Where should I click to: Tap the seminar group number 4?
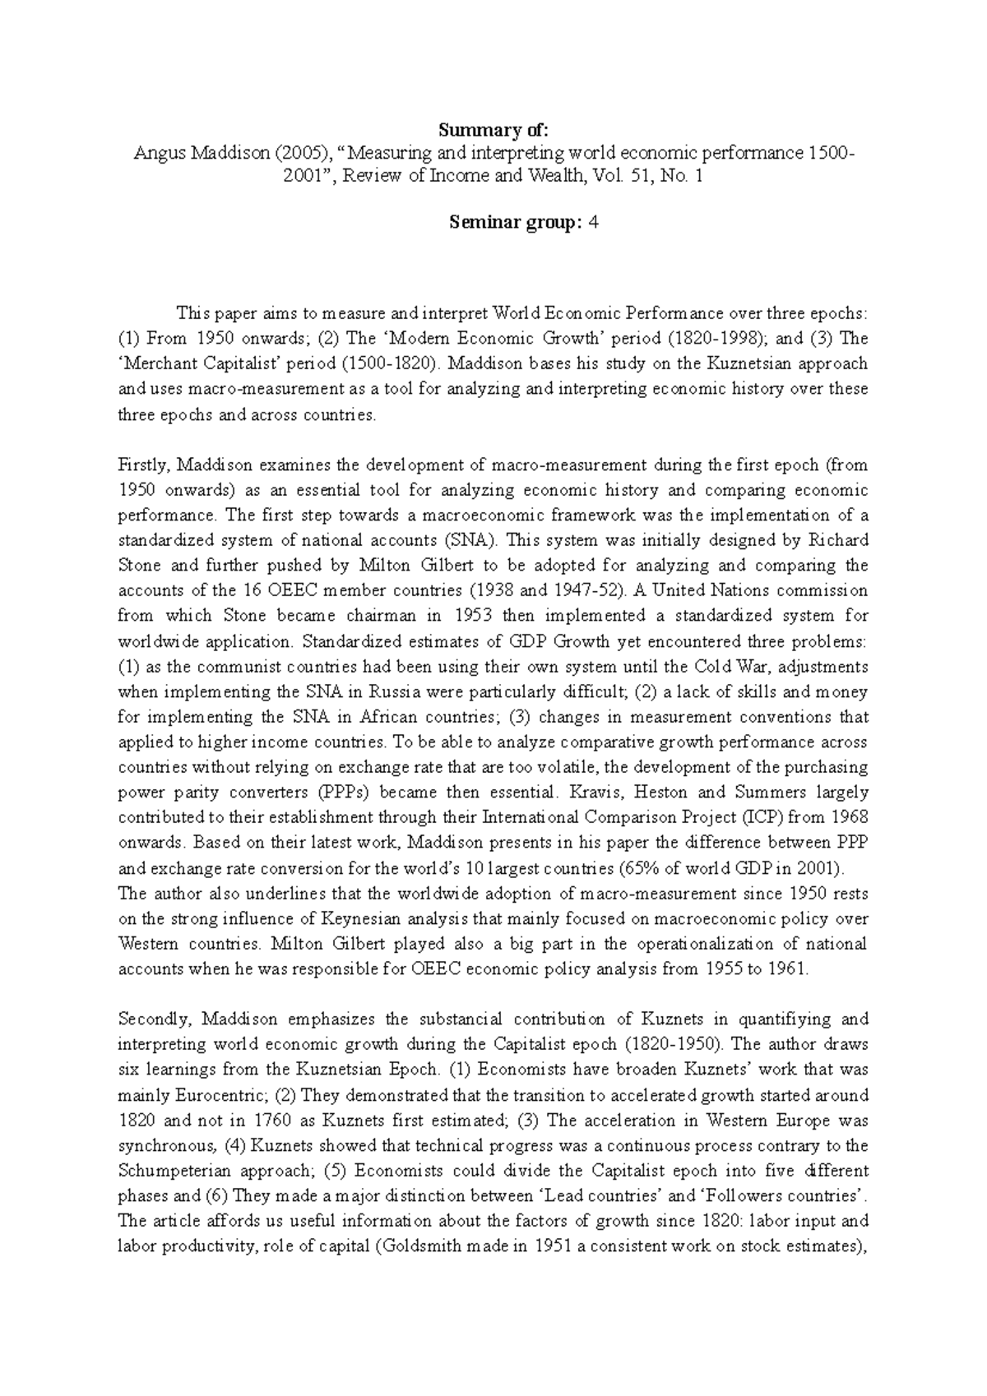coord(593,222)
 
